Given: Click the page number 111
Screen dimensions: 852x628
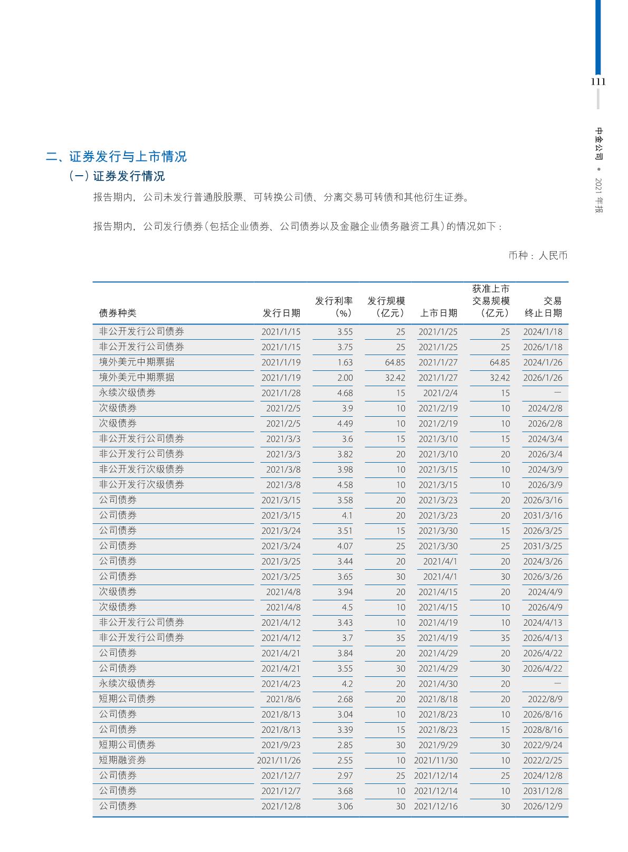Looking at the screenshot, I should (x=598, y=82).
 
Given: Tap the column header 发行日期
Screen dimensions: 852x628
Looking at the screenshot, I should (x=281, y=313).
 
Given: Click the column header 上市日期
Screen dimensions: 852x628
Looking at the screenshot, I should (x=439, y=313).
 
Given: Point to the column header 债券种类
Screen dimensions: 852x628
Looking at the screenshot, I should (x=118, y=313).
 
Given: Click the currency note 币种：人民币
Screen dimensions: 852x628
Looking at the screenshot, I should (x=538, y=256).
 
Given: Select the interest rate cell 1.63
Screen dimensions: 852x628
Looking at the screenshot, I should (x=345, y=362).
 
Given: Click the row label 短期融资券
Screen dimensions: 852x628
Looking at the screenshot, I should (x=122, y=760).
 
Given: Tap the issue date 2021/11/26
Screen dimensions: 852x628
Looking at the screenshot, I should (x=279, y=760).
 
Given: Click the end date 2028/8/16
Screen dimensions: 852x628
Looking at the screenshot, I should (x=543, y=730).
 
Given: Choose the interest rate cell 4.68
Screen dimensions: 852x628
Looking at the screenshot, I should (x=345, y=393).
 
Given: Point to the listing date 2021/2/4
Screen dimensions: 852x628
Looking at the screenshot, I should (x=440, y=393).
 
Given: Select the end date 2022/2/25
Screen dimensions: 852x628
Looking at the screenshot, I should (x=543, y=760).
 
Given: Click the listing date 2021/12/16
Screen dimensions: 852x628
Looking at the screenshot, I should (x=436, y=806).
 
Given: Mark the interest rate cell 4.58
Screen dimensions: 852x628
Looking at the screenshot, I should (x=345, y=485).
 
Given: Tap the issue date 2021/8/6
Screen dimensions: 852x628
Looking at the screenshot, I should (x=283, y=699).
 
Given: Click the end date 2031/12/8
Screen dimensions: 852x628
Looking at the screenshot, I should (x=543, y=791).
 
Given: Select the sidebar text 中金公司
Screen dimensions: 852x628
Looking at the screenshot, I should (x=599, y=143).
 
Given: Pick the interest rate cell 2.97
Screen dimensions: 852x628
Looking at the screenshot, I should (x=345, y=776).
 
